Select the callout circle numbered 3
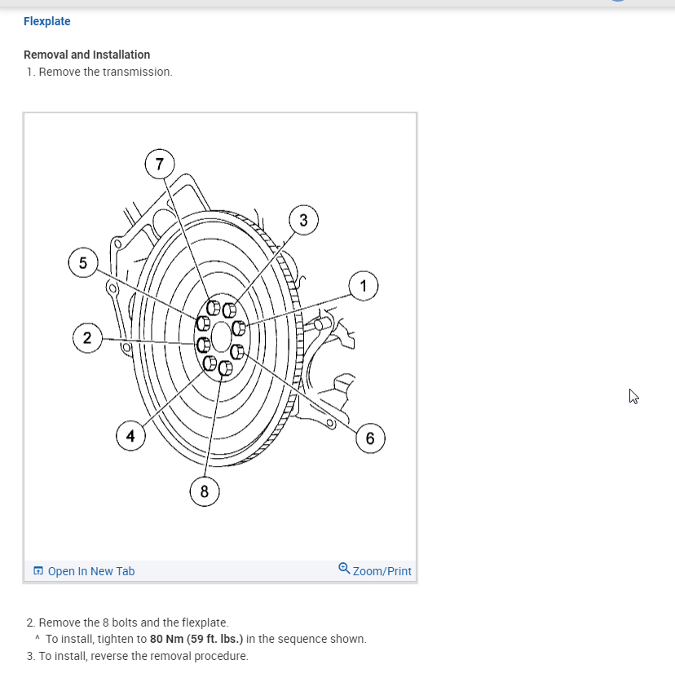(303, 220)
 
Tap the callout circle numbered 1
(363, 285)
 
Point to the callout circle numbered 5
(82, 262)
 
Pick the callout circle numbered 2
(87, 337)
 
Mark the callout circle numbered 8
(204, 491)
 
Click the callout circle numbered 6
(370, 438)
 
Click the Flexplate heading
(47, 21)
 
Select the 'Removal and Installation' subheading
(86, 55)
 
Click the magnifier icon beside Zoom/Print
(344, 570)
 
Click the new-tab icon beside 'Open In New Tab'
(37, 571)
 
